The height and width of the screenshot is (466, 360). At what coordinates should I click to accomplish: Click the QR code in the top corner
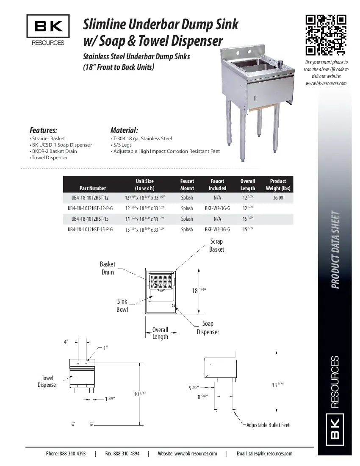[x=326, y=35]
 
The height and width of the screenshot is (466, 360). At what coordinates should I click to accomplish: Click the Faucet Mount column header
[x=187, y=185]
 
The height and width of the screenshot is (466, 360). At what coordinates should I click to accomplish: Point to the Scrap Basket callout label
[x=216, y=245]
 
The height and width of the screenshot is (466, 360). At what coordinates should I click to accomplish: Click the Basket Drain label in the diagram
[x=108, y=268]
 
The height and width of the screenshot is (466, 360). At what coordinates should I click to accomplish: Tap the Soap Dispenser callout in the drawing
[x=208, y=328]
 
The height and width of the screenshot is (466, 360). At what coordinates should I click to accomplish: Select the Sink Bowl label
[x=122, y=305]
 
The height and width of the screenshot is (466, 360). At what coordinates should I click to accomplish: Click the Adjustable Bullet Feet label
[x=268, y=425]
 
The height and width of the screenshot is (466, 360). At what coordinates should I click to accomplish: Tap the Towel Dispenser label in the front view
[x=47, y=381]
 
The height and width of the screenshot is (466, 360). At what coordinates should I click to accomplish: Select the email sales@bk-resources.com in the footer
[x=264, y=454]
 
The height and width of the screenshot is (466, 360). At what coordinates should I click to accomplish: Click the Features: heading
[x=43, y=130]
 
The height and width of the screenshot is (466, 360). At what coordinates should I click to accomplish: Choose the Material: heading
[x=124, y=130]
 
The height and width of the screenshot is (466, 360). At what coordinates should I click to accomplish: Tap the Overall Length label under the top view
[x=160, y=333]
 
